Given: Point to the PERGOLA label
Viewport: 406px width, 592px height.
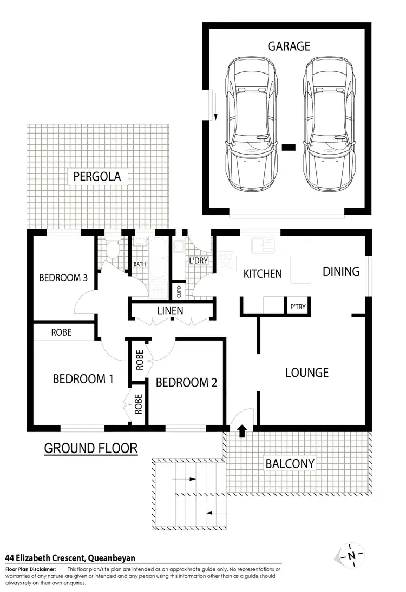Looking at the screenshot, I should (97, 176).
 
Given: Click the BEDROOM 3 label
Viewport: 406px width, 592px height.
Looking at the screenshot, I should (63, 278).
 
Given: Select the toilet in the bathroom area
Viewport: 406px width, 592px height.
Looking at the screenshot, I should (113, 250).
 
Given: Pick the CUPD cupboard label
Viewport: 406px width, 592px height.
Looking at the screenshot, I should (179, 292).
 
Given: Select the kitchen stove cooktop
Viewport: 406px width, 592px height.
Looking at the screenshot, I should (225, 261).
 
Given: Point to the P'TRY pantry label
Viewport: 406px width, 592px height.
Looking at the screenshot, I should (298, 307).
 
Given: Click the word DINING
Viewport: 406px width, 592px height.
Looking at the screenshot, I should (341, 271).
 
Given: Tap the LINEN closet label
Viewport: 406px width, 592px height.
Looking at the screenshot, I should (170, 311).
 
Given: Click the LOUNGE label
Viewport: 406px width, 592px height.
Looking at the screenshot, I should (307, 373).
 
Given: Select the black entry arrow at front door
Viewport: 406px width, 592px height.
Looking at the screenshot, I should (242, 430).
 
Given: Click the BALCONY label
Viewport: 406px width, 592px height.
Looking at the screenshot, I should (290, 464).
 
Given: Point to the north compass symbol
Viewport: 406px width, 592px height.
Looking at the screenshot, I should (351, 555).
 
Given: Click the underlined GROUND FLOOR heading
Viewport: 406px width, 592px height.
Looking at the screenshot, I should (90, 448).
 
